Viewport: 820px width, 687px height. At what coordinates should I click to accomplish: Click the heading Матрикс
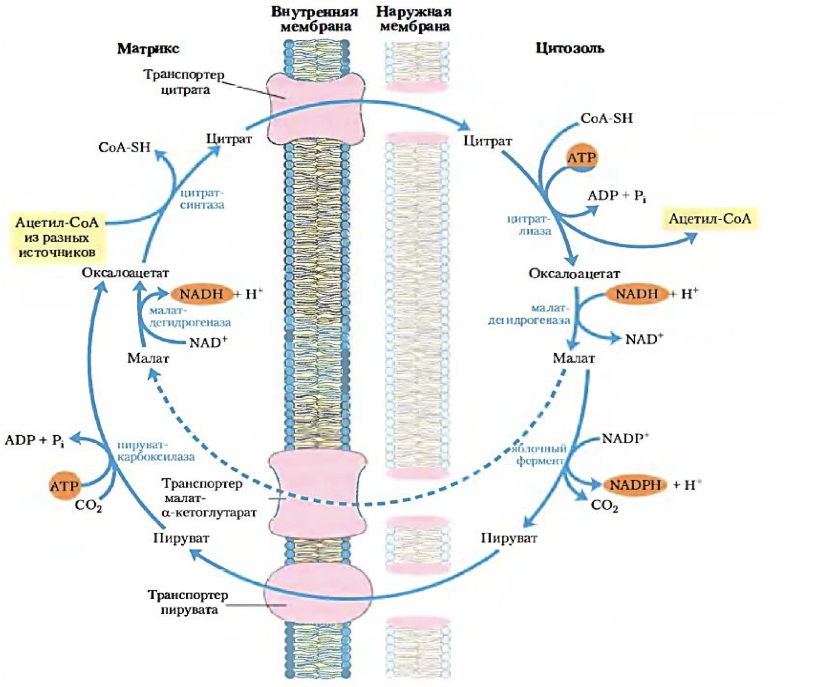pos(148,49)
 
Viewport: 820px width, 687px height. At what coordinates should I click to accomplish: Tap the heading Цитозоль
pos(569,48)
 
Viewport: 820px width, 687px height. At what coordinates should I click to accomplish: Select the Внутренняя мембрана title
pos(314,19)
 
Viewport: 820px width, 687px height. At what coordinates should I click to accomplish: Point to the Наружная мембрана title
pos(414,19)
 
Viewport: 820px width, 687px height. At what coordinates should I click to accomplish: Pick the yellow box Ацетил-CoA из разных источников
pos(56,237)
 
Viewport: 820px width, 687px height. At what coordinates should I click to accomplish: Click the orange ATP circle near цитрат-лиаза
pos(581,158)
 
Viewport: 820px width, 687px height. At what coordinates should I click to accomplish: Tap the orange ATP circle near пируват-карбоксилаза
pos(64,486)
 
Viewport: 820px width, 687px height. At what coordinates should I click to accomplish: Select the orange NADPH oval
pos(635,485)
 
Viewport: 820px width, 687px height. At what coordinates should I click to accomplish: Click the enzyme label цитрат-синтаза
pos(202,198)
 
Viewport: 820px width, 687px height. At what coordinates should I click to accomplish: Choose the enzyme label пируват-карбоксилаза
pos(155,451)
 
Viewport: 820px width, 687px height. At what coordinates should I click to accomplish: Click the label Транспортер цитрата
pos(184,82)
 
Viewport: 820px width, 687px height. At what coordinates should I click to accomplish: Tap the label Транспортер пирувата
pos(188,602)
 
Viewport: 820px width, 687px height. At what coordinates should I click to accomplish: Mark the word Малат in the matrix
pos(148,358)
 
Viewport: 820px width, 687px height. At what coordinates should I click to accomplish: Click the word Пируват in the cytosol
pos(509,538)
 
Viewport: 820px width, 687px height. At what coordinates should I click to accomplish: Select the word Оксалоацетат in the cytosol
pos(573,274)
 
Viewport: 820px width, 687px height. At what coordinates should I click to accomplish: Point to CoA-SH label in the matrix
pos(124,147)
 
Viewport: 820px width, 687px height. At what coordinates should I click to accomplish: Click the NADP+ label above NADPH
pos(625,439)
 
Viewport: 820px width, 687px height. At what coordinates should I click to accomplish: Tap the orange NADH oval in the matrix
pos(201,294)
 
